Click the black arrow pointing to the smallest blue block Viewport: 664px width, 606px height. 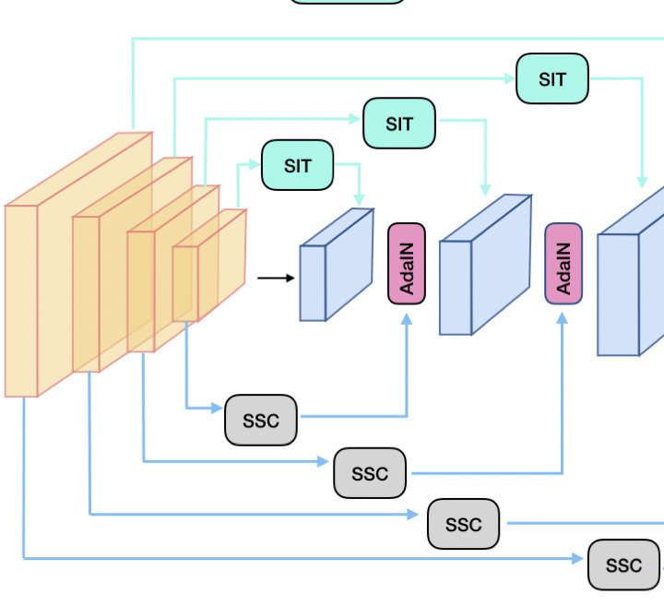[x=275, y=277]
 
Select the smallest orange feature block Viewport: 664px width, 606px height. [x=185, y=283]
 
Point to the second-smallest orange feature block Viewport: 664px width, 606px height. [x=140, y=291]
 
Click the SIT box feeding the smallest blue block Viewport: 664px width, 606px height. [x=297, y=165]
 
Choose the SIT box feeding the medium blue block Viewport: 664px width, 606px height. [x=398, y=124]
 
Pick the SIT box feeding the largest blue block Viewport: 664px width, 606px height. [x=551, y=78]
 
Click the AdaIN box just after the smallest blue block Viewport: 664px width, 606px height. [x=406, y=263]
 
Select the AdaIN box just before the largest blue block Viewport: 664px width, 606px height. [x=563, y=263]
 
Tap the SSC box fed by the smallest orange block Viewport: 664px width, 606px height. [x=261, y=420]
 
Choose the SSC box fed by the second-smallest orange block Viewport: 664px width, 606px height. [x=369, y=473]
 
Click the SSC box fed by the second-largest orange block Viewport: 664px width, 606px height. [x=463, y=524]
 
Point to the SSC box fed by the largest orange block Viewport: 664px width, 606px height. [x=623, y=564]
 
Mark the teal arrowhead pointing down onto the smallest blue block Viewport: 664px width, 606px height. [x=360, y=200]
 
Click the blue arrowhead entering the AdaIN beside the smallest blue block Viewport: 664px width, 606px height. [x=406, y=318]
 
